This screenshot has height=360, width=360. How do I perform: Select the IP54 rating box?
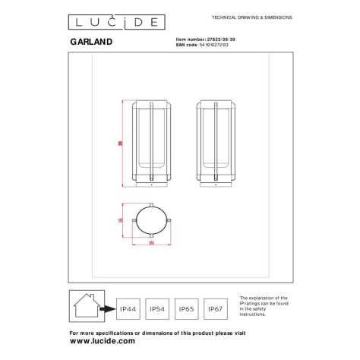156,309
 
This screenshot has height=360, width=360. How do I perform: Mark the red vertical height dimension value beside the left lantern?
121,142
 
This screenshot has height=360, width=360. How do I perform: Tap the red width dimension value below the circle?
152,244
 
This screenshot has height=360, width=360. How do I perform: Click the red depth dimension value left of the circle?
121,219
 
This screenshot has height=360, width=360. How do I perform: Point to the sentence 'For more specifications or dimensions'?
156,333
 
